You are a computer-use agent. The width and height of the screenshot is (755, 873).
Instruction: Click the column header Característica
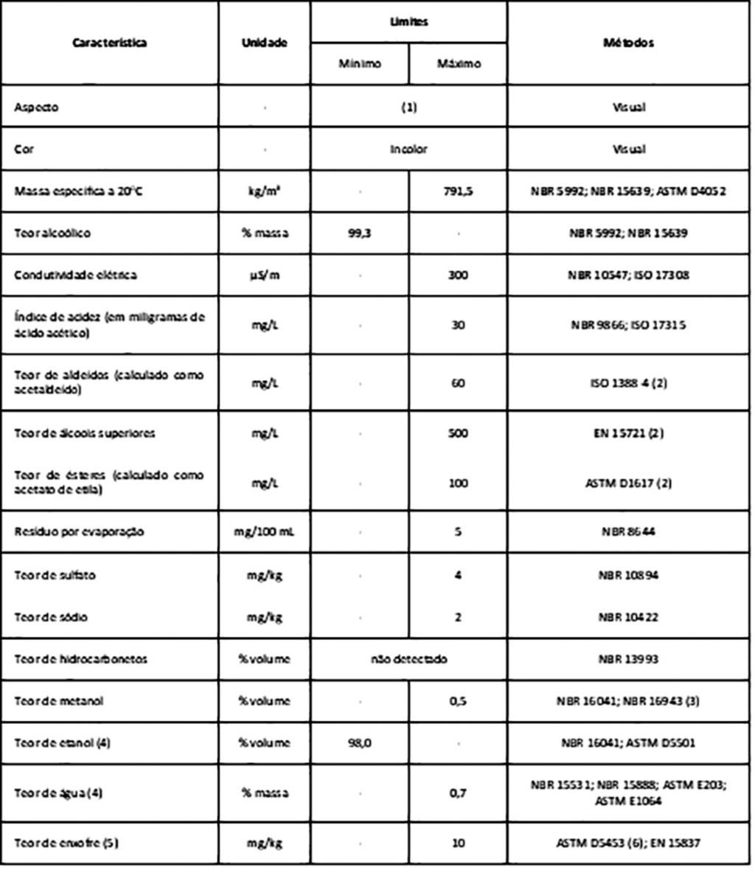click(x=109, y=43)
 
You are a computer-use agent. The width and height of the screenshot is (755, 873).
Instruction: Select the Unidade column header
click(x=264, y=43)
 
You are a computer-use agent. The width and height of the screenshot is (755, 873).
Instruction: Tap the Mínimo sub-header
click(x=360, y=64)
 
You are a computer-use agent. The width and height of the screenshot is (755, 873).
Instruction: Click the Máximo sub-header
click(x=458, y=64)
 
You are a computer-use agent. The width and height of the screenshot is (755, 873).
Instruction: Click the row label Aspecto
click(x=36, y=107)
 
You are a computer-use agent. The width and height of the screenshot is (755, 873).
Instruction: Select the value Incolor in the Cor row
click(x=408, y=149)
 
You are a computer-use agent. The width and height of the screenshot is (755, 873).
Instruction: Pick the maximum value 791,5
click(x=458, y=191)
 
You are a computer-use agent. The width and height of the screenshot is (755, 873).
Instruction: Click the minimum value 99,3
click(x=360, y=233)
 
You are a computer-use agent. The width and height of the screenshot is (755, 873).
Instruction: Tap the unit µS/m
click(x=264, y=275)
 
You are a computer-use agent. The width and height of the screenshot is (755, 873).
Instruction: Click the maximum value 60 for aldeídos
click(x=458, y=383)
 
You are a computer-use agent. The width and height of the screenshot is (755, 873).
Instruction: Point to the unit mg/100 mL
click(x=264, y=531)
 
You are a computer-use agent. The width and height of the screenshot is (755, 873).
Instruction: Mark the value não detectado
click(x=408, y=658)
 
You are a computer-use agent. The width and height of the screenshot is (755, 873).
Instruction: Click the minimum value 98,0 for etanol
click(x=360, y=743)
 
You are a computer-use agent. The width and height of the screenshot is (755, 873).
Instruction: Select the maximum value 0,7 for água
click(x=458, y=793)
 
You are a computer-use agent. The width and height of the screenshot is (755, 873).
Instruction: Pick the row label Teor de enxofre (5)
click(x=66, y=842)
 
